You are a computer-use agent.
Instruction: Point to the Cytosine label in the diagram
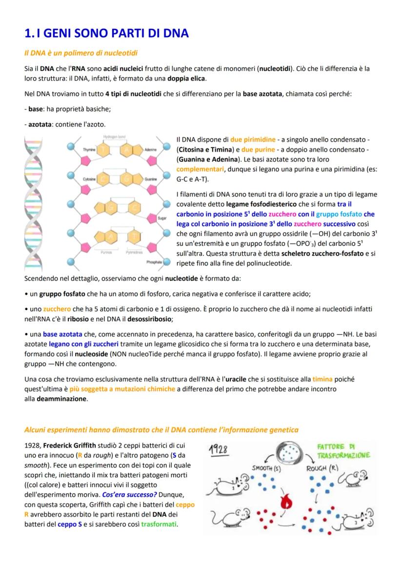tap(89, 179)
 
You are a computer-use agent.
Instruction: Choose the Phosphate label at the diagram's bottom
tap(154, 262)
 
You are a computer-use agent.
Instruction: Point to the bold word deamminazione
tap(60, 399)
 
